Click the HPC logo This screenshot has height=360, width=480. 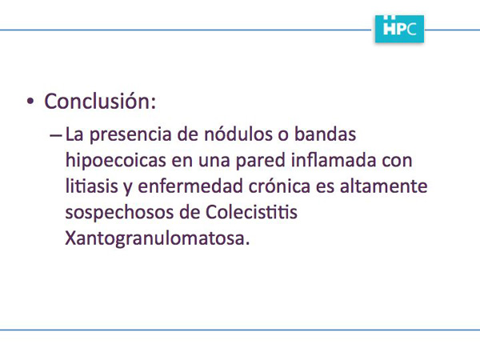point(399,29)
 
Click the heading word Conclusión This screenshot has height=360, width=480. point(98,101)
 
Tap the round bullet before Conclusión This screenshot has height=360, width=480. point(30,102)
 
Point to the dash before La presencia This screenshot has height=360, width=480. point(56,135)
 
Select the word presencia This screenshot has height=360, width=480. point(130,134)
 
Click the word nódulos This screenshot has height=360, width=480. point(238,134)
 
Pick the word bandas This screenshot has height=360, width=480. point(325,134)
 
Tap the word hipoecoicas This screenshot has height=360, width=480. point(116,160)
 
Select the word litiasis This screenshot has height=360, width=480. point(92,186)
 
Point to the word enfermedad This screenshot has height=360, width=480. point(190,186)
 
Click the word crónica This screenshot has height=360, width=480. point(279,186)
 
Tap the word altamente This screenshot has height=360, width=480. point(383,186)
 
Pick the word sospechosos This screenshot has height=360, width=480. point(120,213)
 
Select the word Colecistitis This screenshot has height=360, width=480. point(251,211)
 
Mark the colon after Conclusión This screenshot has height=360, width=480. point(154,104)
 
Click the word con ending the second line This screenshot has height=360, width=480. point(397,162)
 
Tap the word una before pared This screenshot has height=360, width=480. point(214,162)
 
